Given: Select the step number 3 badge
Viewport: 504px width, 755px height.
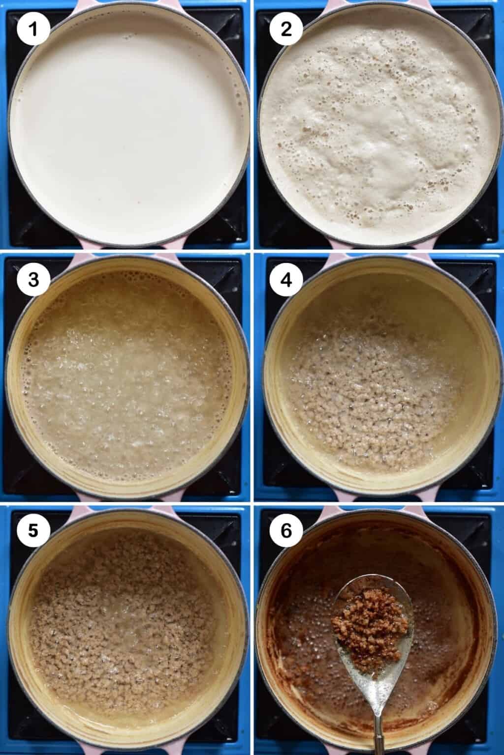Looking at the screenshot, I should [x=33, y=280].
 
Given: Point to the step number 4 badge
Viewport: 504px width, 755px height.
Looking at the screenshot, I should [x=285, y=280].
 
